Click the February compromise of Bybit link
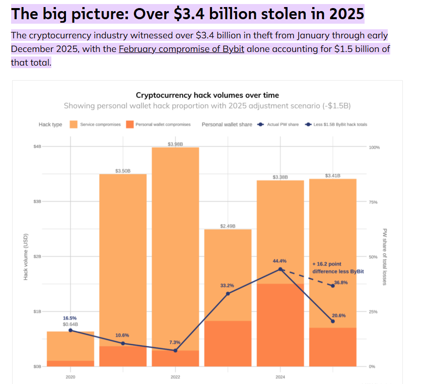(x=181, y=49)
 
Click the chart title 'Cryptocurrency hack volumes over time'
(x=207, y=95)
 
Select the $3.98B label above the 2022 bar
(x=175, y=144)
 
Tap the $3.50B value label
(x=123, y=171)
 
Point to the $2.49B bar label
(x=228, y=226)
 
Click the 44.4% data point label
(x=280, y=261)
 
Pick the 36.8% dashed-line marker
(x=332, y=286)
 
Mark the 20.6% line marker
(x=332, y=321)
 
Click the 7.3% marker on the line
(x=175, y=350)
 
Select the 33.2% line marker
(x=228, y=294)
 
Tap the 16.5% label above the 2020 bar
(x=70, y=318)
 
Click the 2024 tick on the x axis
(x=280, y=377)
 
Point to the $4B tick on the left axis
(x=37, y=146)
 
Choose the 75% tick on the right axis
(x=373, y=202)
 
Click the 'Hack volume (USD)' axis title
(x=26, y=257)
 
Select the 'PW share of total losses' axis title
(x=384, y=257)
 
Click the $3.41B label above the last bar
(x=332, y=176)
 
